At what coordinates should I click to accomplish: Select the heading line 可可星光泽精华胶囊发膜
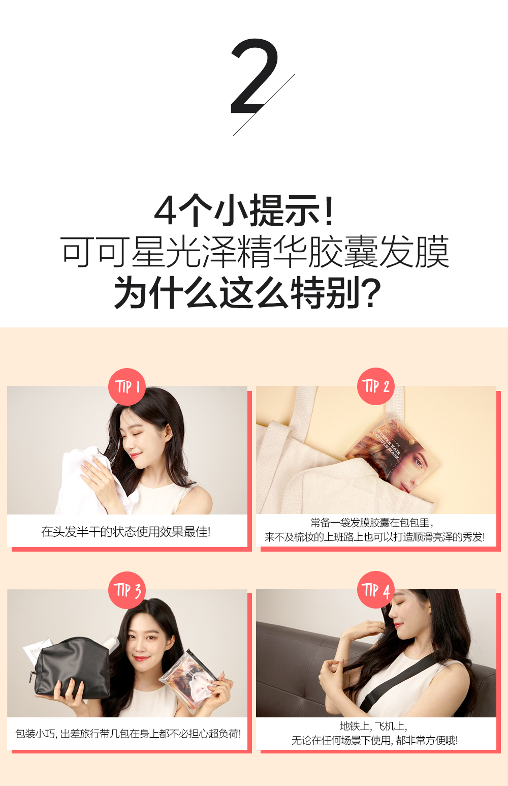[x=255, y=252]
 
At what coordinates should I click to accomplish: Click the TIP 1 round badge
[x=127, y=387]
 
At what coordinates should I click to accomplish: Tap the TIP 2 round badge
[x=376, y=386]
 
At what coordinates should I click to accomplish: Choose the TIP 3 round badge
[x=127, y=590]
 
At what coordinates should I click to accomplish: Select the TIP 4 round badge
[x=376, y=590]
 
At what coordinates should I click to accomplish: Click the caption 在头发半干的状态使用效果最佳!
[x=125, y=532]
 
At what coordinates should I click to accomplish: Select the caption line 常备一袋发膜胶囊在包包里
[x=372, y=523]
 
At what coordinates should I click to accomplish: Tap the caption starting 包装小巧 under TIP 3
[x=128, y=734]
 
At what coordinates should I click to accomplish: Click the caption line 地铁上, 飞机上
[x=373, y=726]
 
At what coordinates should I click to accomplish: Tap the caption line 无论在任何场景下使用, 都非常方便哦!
[x=374, y=741]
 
